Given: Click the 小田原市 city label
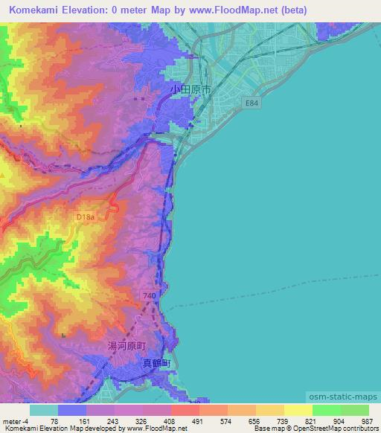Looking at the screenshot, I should click(191, 88).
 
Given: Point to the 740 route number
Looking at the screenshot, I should click(149, 295).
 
